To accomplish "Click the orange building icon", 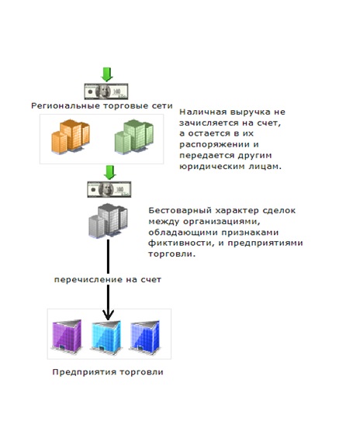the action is [x=71, y=136].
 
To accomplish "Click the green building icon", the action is [x=133, y=136].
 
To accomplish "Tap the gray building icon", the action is [x=109, y=221].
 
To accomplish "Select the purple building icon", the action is [x=67, y=337].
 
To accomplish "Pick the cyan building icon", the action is [x=106, y=337].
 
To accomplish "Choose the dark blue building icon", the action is [x=145, y=337].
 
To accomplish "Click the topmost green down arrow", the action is [x=107, y=74].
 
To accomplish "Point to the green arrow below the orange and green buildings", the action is [x=110, y=173].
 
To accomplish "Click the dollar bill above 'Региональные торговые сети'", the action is [x=106, y=91].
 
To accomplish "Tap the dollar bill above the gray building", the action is [x=109, y=189].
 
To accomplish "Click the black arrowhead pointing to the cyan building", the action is [x=108, y=315].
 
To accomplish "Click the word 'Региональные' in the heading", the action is [x=65, y=106].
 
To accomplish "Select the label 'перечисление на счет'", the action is [x=108, y=280].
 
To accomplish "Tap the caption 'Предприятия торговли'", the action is [x=108, y=372].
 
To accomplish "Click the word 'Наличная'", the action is [x=202, y=112].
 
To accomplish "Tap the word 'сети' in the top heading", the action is [x=162, y=106].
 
